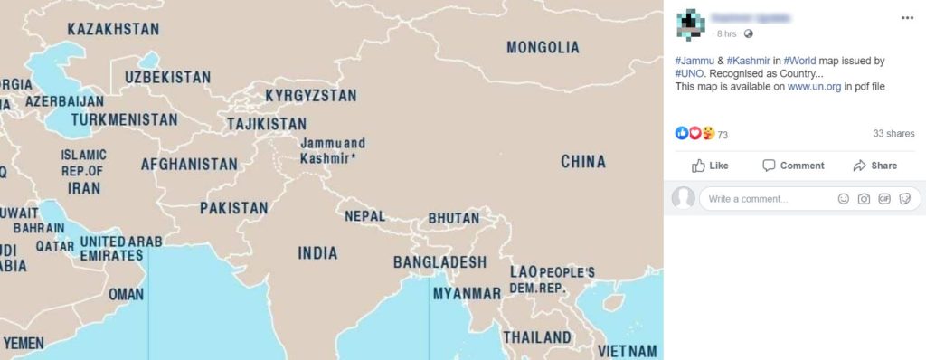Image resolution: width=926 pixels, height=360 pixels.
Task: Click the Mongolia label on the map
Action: coord(543,47)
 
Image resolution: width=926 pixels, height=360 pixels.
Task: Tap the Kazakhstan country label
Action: coord(113,29)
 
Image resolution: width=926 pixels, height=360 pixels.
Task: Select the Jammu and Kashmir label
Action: coord(332,150)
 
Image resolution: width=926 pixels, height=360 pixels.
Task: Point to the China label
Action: coord(583,162)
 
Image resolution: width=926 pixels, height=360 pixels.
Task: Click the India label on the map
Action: coord(317,253)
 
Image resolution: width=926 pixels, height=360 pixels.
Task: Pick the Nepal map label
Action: coord(364,216)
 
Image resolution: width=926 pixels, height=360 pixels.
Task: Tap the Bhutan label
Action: coord(454,218)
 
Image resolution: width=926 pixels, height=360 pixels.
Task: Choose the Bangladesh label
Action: coord(439,262)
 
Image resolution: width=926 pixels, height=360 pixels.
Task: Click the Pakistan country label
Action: coord(233,208)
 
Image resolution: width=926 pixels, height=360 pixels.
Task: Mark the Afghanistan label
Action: coord(189,165)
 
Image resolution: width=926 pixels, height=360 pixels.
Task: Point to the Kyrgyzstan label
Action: coord(310,95)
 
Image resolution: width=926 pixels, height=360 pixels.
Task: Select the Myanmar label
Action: coord(467,294)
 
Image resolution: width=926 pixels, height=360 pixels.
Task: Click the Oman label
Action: coord(126,294)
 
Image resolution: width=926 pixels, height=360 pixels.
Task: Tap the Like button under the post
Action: coord(711,166)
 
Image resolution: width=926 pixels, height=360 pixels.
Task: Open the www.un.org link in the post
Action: coord(814,87)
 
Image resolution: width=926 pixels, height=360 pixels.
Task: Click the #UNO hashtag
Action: coord(689,73)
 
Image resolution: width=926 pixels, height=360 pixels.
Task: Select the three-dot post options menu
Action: coord(907,17)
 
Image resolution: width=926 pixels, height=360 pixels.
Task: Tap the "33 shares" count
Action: coord(893,133)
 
